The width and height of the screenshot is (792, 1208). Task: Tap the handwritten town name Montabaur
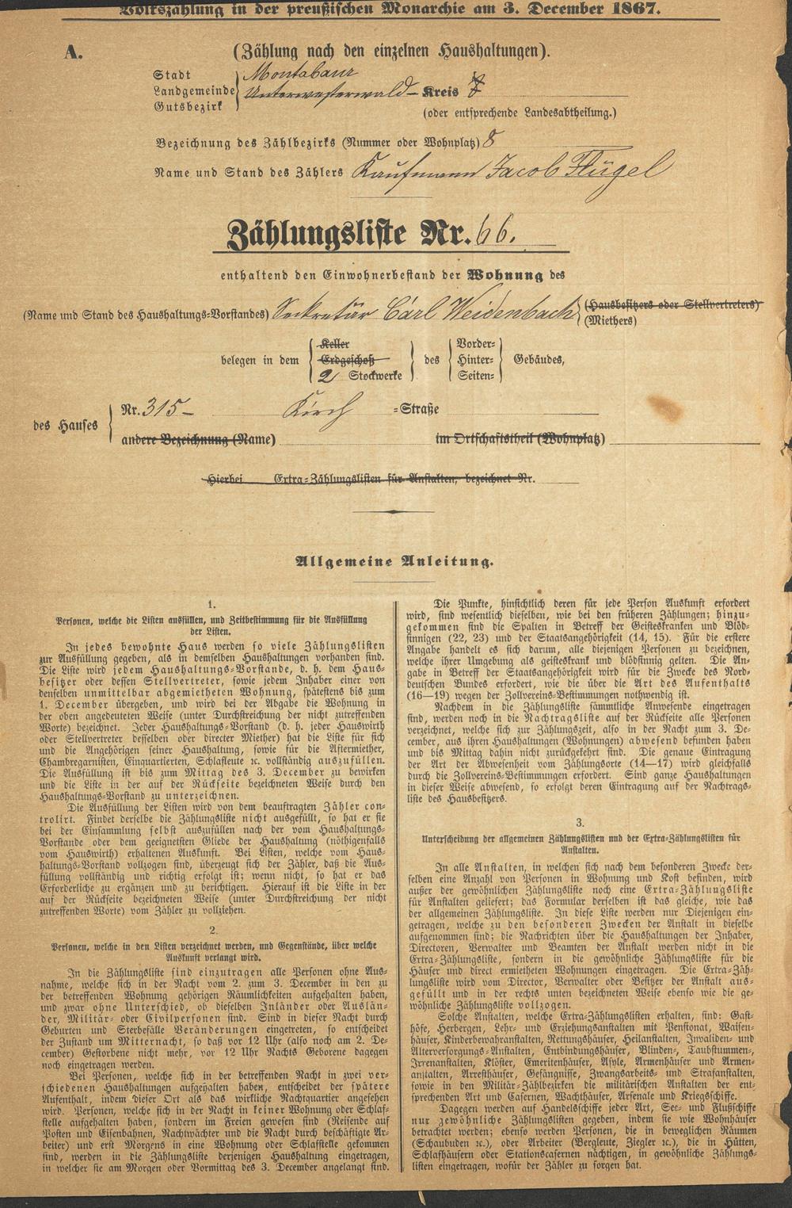(286, 75)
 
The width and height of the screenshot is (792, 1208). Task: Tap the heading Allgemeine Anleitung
(394, 562)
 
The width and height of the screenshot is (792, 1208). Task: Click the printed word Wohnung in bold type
(507, 276)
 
